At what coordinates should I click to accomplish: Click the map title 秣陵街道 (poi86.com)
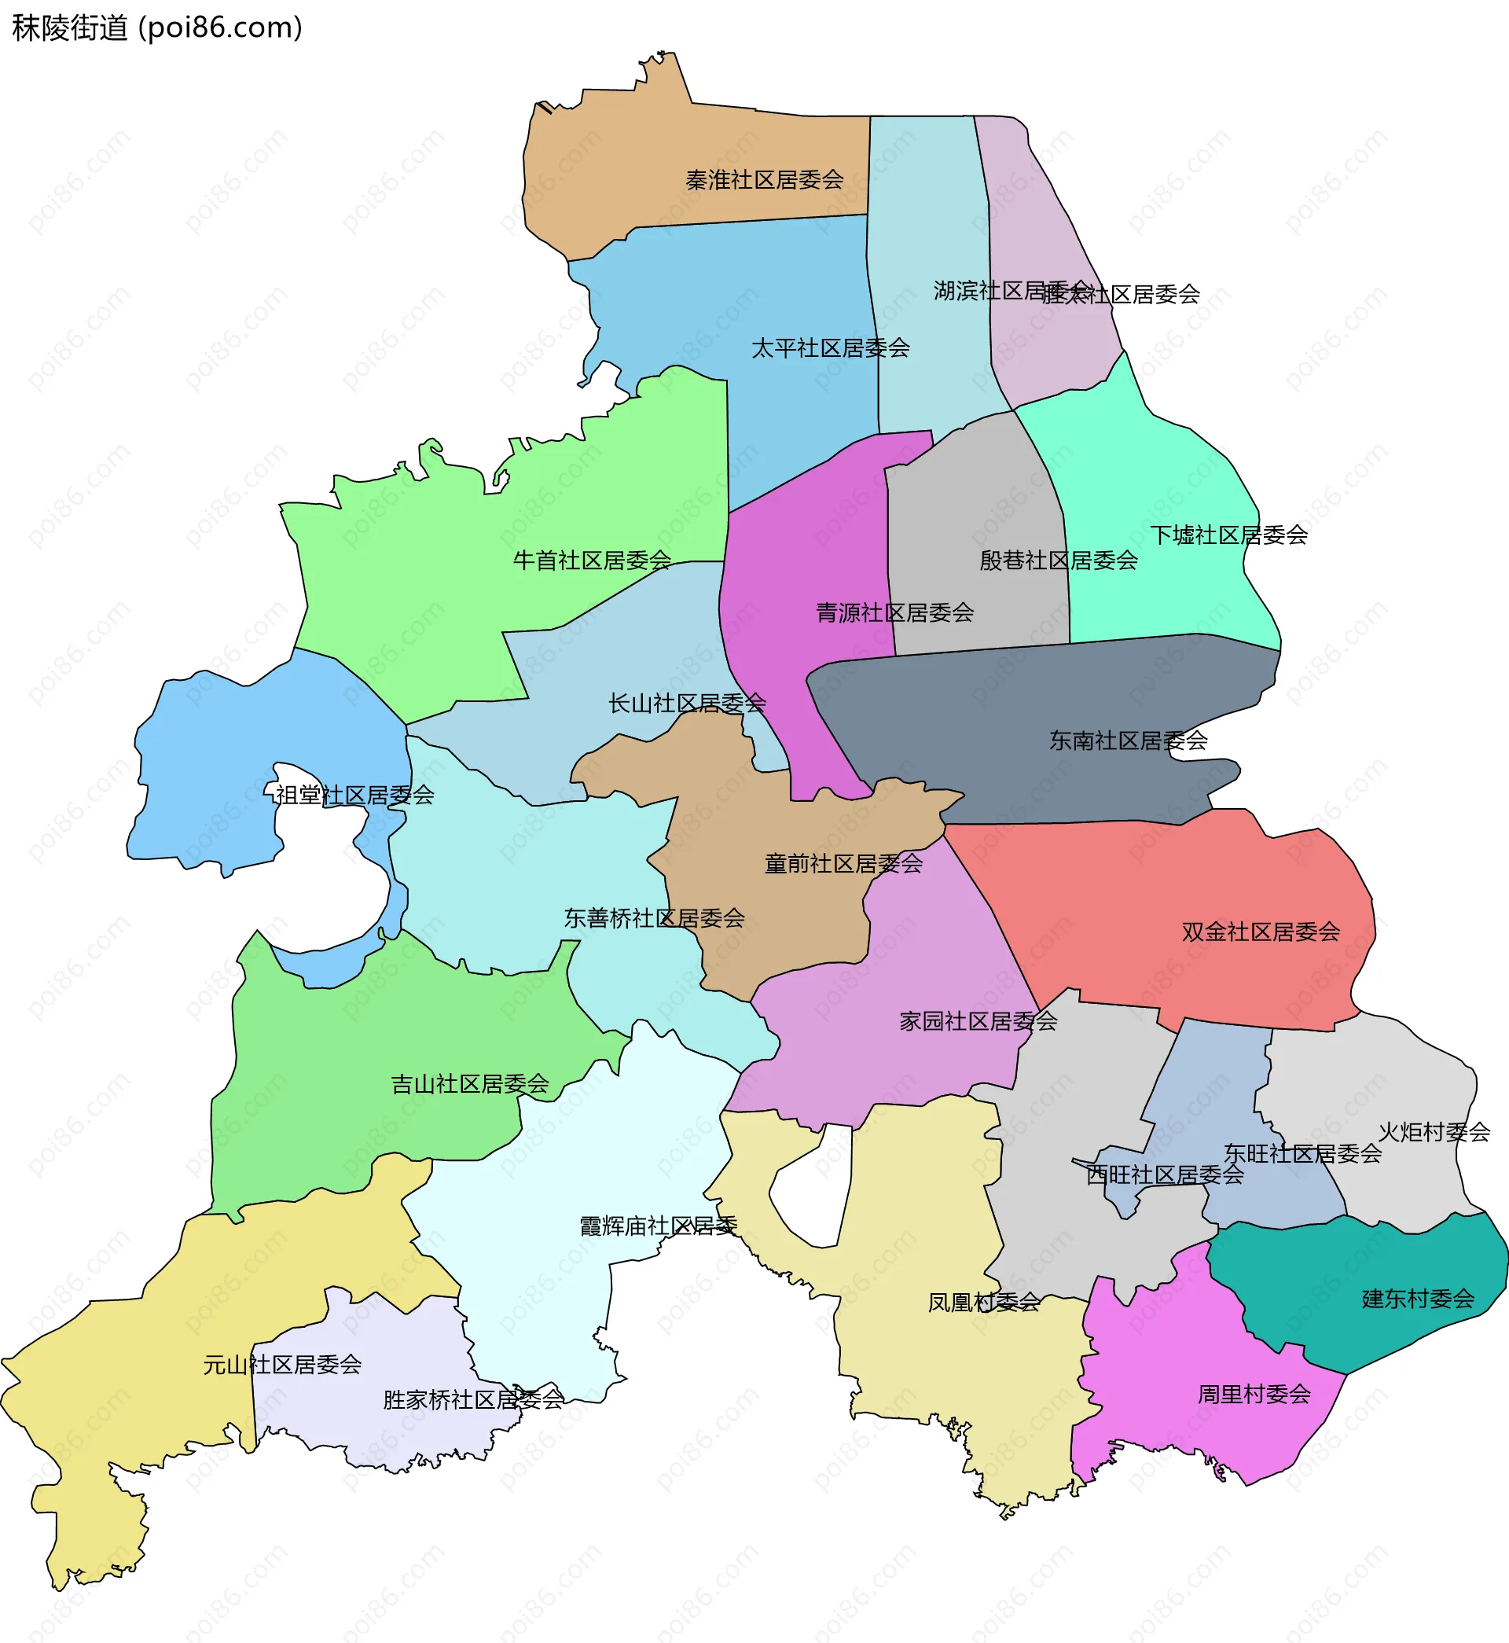coord(156,28)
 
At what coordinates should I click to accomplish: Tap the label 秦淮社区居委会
coord(764,180)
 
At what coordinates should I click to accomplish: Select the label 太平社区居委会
coord(831,348)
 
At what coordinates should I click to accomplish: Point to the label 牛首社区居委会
coord(592,561)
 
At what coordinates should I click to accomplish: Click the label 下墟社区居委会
coord(1229,535)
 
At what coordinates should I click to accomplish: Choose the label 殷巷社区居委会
coord(1058,561)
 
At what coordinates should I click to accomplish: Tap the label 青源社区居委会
coord(895,612)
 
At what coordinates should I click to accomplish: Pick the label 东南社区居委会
coord(1128,741)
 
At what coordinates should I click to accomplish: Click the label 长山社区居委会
coord(687,703)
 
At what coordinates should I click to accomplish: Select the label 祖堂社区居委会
coord(354,795)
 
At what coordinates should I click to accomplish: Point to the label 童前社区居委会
coord(843,863)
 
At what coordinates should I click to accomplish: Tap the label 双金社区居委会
coord(1261,932)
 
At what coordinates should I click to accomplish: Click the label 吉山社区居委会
coord(470,1083)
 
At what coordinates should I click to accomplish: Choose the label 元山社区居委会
coord(282,1365)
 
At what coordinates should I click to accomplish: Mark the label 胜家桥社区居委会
coord(474,1399)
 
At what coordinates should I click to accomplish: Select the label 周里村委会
coord(1254,1394)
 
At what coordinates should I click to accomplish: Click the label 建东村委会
coord(1419,1299)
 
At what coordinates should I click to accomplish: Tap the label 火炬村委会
coord(1434,1132)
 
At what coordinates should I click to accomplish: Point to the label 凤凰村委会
coord(984,1303)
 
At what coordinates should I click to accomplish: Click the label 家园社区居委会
coord(978,1020)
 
